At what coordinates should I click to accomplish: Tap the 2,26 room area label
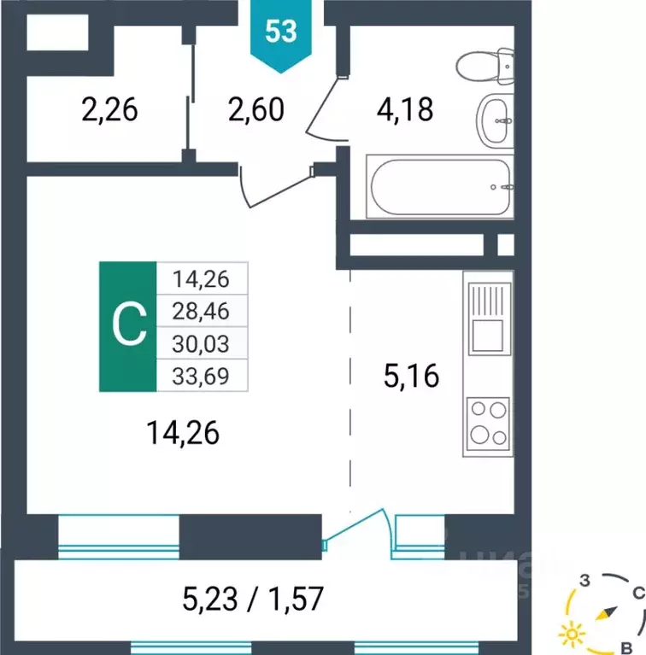109,110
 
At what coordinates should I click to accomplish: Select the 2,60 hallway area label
255,110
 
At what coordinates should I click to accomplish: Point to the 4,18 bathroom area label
405,110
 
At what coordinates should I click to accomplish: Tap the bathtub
439,185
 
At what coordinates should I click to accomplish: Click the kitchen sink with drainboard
487,317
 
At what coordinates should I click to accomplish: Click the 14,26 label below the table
182,434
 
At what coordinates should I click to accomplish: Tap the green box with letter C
129,325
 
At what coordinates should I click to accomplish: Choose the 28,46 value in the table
201,309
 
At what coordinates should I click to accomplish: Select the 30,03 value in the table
201,342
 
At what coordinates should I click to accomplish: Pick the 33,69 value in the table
201,374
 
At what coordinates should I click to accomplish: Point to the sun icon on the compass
569,635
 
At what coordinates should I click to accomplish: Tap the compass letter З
586,581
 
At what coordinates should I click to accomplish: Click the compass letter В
626,645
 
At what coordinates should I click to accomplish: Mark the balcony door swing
359,528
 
